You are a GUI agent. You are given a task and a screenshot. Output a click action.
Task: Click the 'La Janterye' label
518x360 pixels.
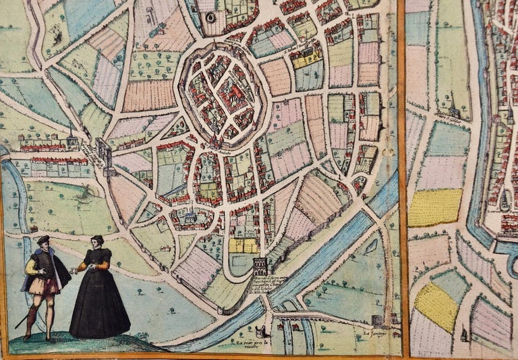[375, 332]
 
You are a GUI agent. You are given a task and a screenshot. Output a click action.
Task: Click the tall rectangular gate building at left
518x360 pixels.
[105, 153]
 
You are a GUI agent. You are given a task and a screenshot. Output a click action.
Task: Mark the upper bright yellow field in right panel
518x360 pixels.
[436, 208]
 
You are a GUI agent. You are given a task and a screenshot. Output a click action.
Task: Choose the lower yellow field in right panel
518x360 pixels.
[436, 306]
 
